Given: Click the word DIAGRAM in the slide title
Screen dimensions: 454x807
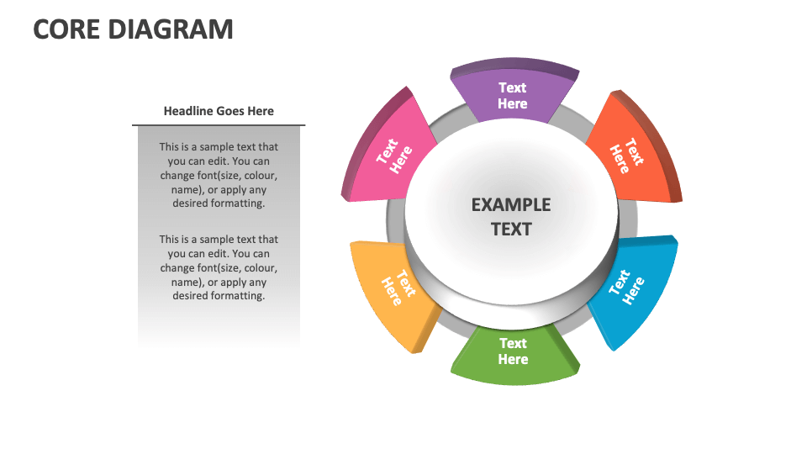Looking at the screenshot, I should tap(174, 29).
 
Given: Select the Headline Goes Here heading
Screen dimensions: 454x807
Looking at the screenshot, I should tap(219, 111).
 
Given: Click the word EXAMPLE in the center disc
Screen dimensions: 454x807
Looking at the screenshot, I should tap(511, 204).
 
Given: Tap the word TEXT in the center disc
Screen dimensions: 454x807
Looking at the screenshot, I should tap(511, 229).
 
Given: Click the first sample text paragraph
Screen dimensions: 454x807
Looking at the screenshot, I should tap(219, 175).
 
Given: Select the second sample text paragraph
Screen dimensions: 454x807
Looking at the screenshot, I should tap(219, 267).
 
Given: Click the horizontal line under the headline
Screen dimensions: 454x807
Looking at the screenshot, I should tap(219, 125).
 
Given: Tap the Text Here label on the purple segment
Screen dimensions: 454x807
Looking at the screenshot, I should tap(513, 95).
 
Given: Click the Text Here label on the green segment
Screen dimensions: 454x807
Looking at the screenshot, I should tap(513, 351).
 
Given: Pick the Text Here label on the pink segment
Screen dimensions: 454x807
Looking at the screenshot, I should tap(394, 156).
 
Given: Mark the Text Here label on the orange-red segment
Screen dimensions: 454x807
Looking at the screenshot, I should tap(626, 156).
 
